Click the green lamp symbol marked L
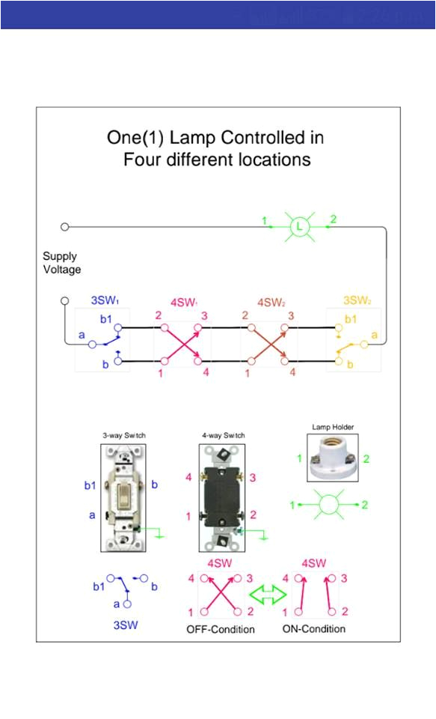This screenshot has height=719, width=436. point(299,225)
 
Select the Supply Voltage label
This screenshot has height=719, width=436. point(61,263)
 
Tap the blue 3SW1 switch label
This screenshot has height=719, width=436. point(105,301)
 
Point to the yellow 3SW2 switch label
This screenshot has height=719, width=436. point(358,301)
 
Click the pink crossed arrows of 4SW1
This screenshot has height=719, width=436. point(180,345)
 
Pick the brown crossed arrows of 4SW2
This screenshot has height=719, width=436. point(267,345)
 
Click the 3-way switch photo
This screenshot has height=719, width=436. point(121,497)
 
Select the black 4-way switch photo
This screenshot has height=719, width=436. point(222,497)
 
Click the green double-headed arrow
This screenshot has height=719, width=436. point(268,595)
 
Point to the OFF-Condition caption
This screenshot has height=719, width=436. point(221,629)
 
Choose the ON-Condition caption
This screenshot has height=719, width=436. point(314,629)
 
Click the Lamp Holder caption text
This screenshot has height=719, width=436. point(332,427)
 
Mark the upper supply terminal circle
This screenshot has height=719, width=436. point(65,226)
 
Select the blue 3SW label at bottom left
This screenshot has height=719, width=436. point(125,625)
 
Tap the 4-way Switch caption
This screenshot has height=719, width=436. point(223,435)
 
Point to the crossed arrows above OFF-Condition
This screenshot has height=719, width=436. point(221,595)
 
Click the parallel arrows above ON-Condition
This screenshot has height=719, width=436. point(315,595)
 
